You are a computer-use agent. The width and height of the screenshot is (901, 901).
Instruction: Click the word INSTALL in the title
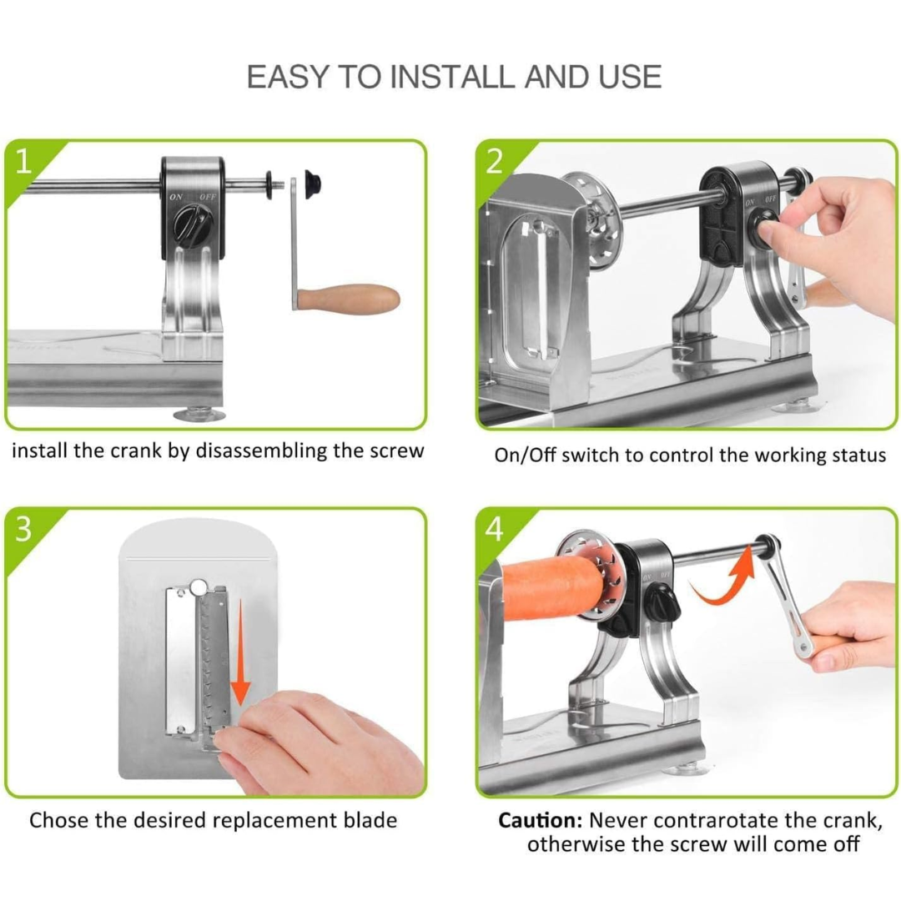coord(454,77)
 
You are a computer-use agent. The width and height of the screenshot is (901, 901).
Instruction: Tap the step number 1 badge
coord(23,163)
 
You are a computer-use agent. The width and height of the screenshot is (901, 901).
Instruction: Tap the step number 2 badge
coord(495,162)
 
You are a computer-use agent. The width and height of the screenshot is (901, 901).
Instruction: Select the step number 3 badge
coord(23,529)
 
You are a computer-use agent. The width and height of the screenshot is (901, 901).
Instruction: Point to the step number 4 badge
coord(495,529)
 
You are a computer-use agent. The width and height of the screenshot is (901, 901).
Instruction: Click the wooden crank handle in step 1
coord(349,298)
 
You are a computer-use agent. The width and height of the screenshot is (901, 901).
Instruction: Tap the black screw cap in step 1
coord(312,184)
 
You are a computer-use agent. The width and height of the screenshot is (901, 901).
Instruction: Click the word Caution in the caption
coord(540,820)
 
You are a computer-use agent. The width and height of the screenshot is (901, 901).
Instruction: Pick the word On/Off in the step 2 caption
coord(526,456)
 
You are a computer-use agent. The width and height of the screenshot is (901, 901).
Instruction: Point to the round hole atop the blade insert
coord(199,587)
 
